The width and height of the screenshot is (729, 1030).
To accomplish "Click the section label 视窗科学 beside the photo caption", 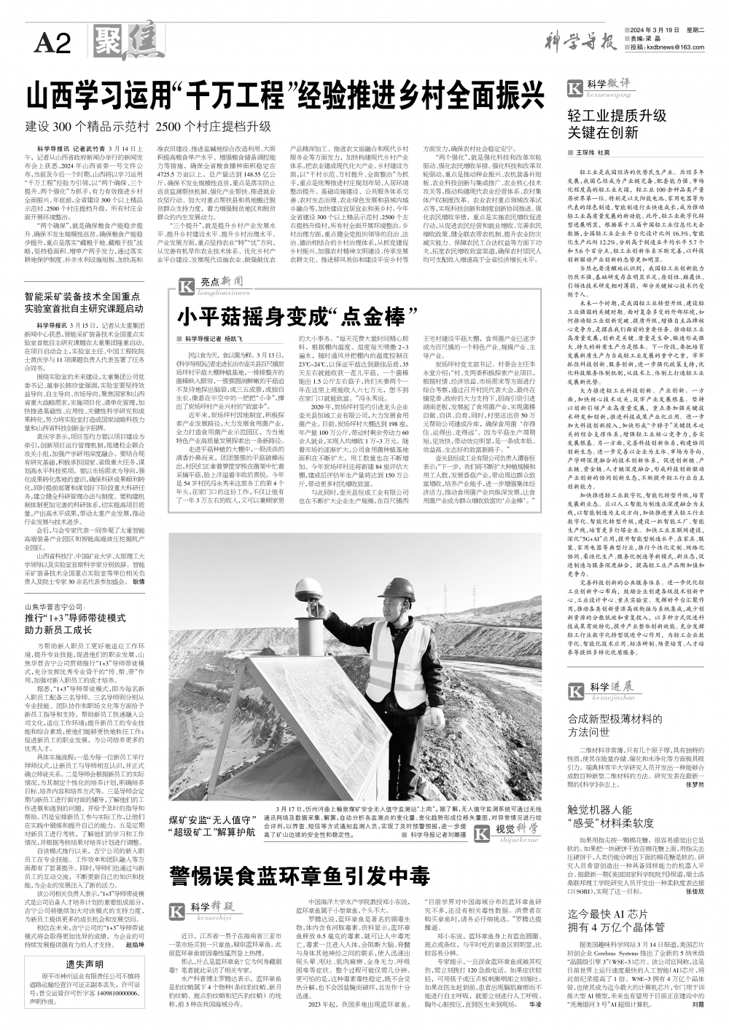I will pyautogui.click(x=517, y=824).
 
